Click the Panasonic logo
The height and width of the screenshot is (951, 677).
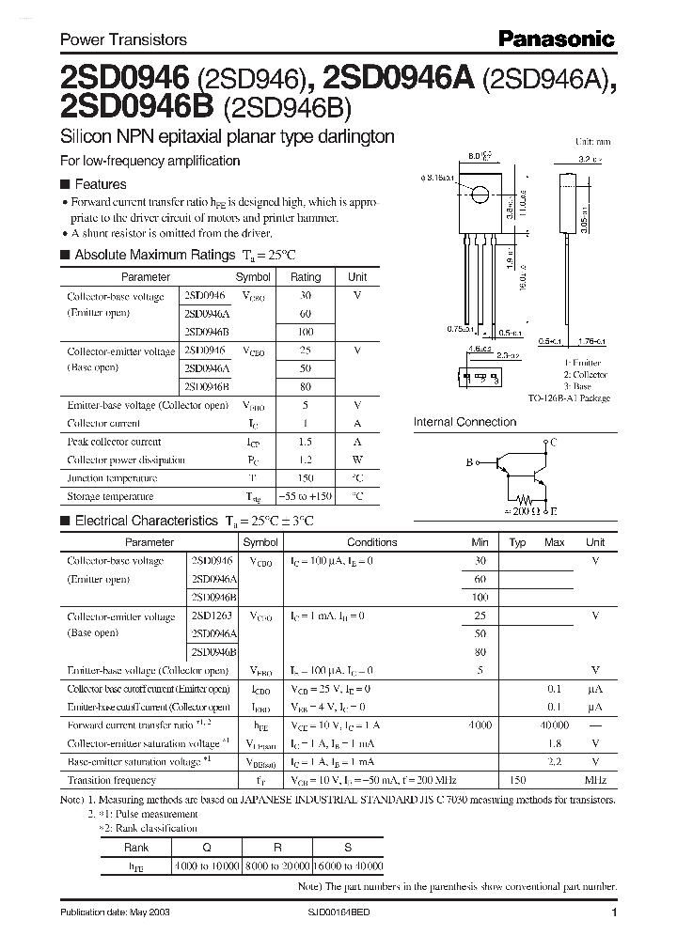(556, 39)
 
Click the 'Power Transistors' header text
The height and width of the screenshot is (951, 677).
(123, 39)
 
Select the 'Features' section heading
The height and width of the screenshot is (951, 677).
(100, 184)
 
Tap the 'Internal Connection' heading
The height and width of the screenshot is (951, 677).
(464, 422)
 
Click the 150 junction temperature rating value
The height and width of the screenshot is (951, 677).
(306, 477)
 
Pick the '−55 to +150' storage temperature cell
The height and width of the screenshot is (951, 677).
(306, 496)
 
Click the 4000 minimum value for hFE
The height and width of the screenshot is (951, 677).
(480, 725)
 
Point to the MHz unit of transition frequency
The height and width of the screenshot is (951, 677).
(594, 780)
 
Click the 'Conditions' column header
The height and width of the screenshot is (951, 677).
(371, 542)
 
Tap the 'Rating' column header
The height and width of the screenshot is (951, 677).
(306, 277)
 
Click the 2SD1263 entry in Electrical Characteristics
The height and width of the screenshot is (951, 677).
(213, 616)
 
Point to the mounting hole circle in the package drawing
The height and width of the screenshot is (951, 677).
(480, 195)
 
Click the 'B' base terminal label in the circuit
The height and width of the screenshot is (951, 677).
(468, 462)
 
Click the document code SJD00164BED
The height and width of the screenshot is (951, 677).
(345, 913)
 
